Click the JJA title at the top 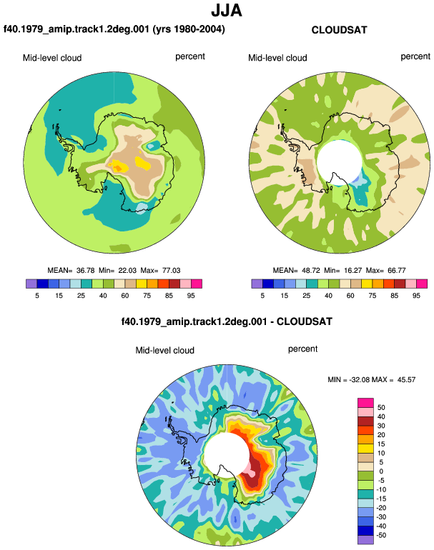click(x=227, y=11)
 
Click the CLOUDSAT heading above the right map click(x=339, y=30)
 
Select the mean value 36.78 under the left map click(x=85, y=271)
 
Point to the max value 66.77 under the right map click(x=397, y=271)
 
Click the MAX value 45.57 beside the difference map click(x=406, y=379)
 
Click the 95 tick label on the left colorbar click(x=191, y=296)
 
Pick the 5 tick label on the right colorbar click(x=262, y=296)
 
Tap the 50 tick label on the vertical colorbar click(x=381, y=408)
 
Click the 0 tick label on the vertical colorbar click(x=381, y=471)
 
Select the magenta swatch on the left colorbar click(x=197, y=284)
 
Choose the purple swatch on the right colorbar click(x=257, y=284)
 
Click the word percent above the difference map click(x=302, y=349)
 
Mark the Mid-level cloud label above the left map click(x=52, y=58)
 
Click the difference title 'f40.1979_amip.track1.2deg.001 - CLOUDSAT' click(x=227, y=321)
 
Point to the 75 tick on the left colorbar click(x=147, y=296)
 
